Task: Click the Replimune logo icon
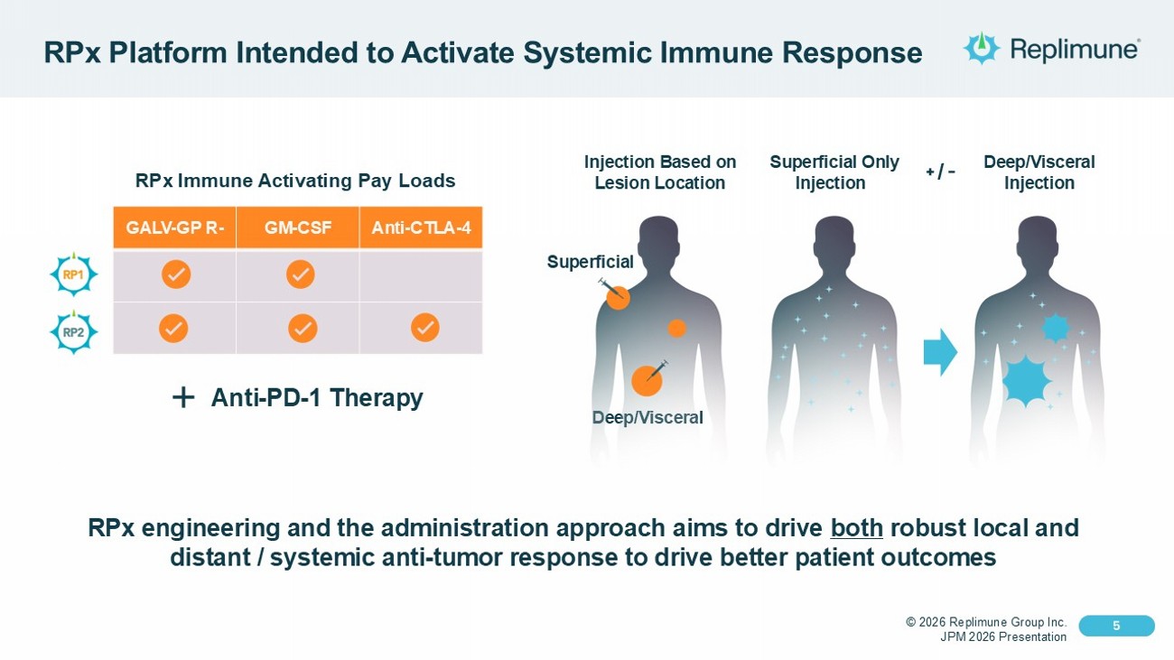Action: (982, 48)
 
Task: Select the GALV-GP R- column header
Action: (175, 228)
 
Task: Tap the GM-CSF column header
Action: (298, 228)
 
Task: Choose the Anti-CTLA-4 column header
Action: (421, 228)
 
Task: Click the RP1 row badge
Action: (73, 275)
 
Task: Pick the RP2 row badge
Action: (73, 331)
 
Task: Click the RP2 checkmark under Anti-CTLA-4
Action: (425, 328)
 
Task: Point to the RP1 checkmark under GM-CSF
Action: (300, 274)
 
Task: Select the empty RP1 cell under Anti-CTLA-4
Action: (421, 276)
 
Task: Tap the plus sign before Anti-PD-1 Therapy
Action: (182, 397)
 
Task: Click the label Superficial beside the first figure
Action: (591, 262)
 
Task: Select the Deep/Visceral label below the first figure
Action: (647, 417)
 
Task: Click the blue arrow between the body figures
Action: (940, 352)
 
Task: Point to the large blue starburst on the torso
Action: (1027, 380)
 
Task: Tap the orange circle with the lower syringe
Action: (647, 381)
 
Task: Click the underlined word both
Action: (856, 527)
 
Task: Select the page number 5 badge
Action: (1116, 626)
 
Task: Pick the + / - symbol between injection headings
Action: (940, 172)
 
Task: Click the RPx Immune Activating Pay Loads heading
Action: (295, 181)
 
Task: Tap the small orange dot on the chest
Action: (676, 328)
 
